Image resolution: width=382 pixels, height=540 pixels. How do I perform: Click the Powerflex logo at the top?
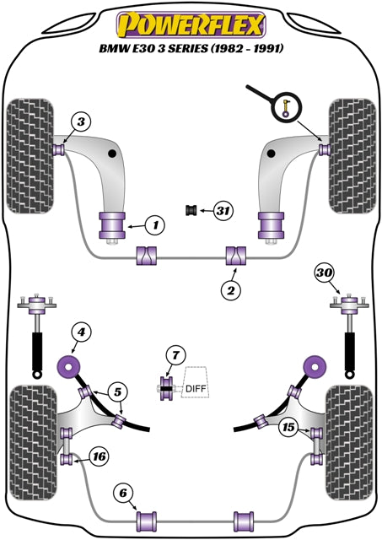(x=191, y=24)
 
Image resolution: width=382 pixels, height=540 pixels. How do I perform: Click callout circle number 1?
(x=155, y=225)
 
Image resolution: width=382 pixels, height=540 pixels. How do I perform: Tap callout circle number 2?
(x=231, y=290)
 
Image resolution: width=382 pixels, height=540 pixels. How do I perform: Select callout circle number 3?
(x=81, y=121)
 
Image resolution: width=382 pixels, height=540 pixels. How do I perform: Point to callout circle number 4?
(x=81, y=332)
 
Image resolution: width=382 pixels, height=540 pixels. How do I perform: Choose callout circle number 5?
(x=118, y=391)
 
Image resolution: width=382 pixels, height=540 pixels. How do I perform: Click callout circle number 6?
(x=123, y=493)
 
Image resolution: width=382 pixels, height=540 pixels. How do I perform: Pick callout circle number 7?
(x=176, y=355)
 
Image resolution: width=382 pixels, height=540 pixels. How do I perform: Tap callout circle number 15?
(x=288, y=427)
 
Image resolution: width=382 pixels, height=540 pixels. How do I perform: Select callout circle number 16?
(x=99, y=456)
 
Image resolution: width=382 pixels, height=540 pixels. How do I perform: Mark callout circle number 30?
(x=324, y=273)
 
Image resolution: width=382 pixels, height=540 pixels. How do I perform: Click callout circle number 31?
(x=223, y=210)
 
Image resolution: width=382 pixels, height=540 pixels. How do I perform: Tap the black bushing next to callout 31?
(x=191, y=210)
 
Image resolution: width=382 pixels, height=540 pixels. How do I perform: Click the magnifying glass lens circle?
(x=287, y=106)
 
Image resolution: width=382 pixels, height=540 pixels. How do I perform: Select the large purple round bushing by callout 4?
(x=68, y=367)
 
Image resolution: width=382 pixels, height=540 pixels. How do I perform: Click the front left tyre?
(x=30, y=156)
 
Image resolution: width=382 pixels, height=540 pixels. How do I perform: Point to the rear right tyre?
(x=349, y=443)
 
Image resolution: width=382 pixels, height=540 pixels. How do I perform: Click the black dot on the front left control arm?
(x=111, y=154)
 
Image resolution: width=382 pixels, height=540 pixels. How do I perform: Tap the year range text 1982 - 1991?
(x=247, y=48)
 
